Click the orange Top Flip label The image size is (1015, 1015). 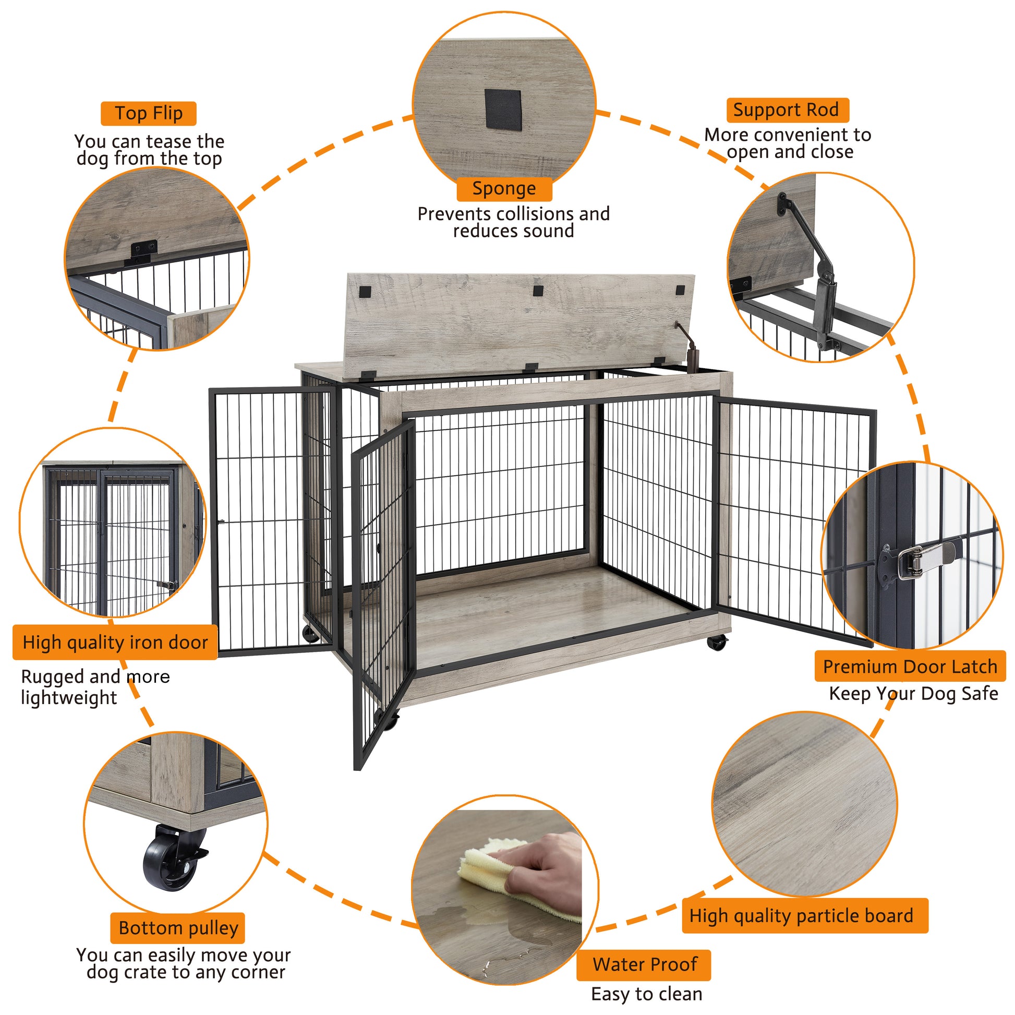[x=148, y=114]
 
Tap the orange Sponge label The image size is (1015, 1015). [x=504, y=189]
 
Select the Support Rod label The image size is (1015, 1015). [x=787, y=111]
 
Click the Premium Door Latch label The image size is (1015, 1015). [x=910, y=666]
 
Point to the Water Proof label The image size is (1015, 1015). [x=644, y=964]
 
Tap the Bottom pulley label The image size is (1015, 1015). [x=177, y=928]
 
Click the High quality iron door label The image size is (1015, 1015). [x=115, y=642]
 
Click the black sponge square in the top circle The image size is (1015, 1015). [x=502, y=110]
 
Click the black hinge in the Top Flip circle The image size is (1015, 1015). [x=142, y=252]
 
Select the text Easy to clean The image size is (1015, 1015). [x=646, y=994]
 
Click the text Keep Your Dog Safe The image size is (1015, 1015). [x=913, y=694]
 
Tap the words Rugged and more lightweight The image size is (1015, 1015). [x=94, y=686]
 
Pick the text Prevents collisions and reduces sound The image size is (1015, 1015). [x=513, y=222]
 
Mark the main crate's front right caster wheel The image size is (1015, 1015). [x=718, y=641]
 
